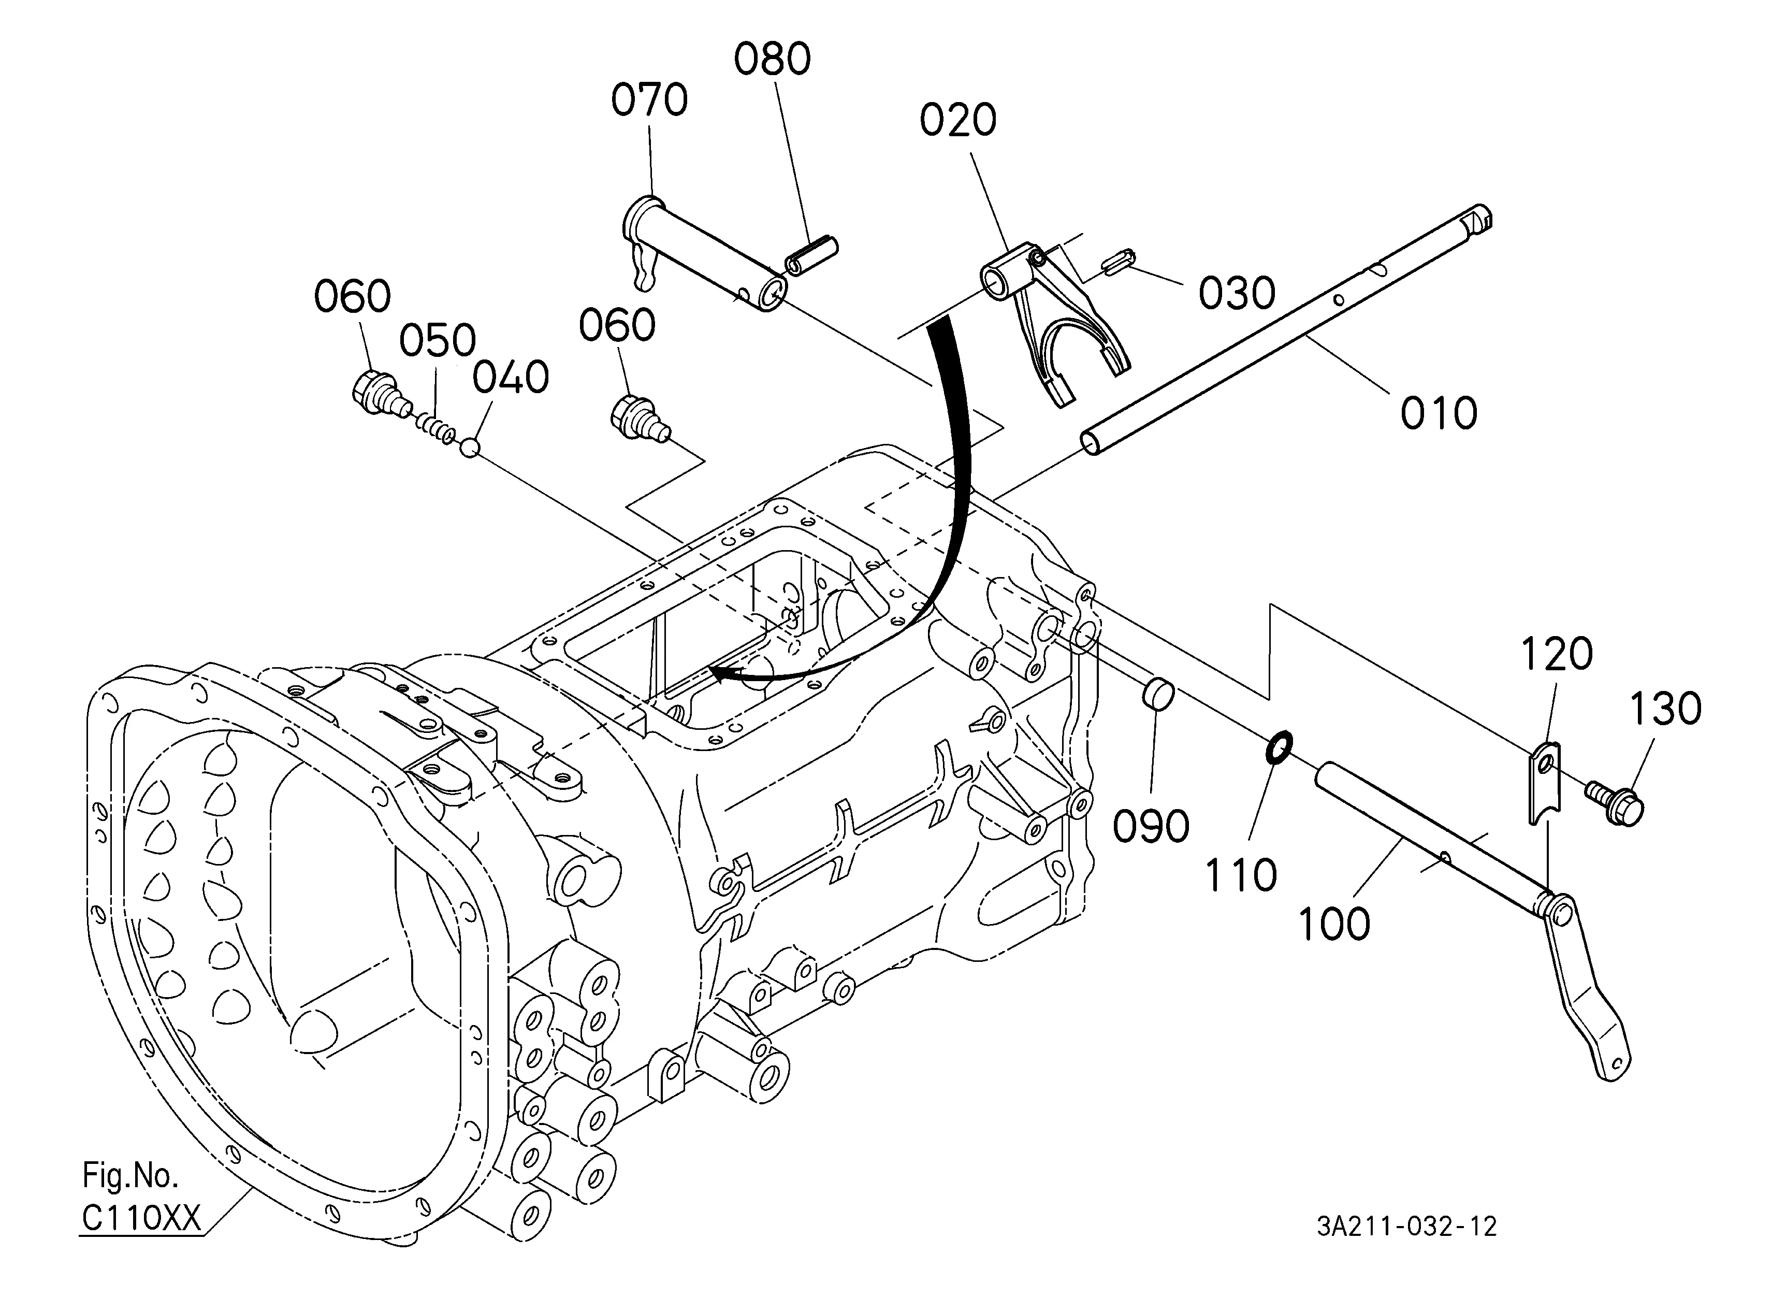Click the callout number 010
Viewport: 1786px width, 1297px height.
coord(1439,413)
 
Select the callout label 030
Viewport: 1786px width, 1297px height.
coord(1237,294)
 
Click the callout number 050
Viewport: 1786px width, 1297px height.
coord(437,340)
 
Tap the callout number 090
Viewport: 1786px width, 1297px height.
coord(1151,826)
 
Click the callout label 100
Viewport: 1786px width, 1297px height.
coord(1334,924)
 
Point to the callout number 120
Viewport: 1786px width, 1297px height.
coord(1557,654)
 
